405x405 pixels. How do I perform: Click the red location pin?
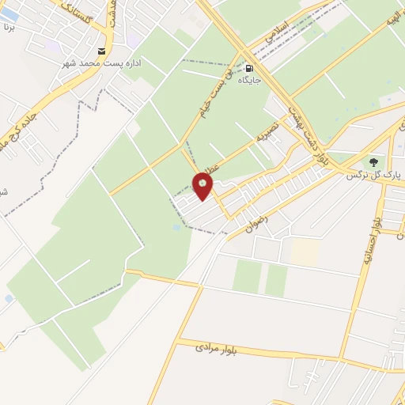pyautogui.click(x=203, y=187)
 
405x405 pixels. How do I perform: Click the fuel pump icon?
pyautogui.click(x=250, y=68)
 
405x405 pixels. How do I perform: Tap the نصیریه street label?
pyautogui.click(x=268, y=135)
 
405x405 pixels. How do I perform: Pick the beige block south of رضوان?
pyautogui.click(x=305, y=252)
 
